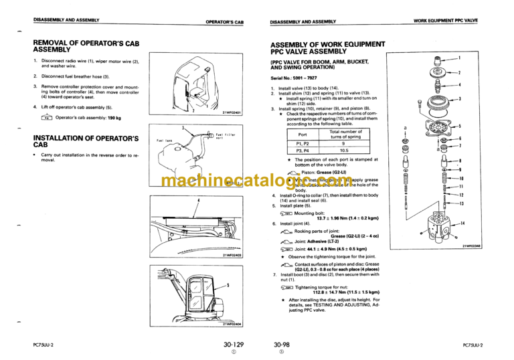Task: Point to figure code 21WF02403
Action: (x=232, y=256)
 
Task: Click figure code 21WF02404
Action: (x=232, y=324)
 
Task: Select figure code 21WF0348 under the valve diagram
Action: (x=471, y=246)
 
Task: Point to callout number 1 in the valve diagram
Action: (x=459, y=58)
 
